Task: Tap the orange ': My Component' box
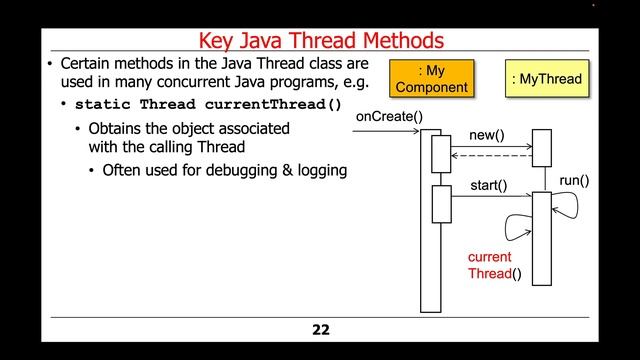coord(432,78)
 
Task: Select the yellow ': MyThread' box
coord(546,78)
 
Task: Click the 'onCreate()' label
coord(389,117)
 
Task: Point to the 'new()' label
coord(486,135)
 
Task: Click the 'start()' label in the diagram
coord(488,185)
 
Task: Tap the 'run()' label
coord(573,181)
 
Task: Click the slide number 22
coord(320,329)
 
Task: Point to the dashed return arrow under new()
coord(492,156)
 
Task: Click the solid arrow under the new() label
coord(492,147)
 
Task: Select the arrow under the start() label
coord(492,196)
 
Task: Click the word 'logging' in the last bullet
coord(319,170)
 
